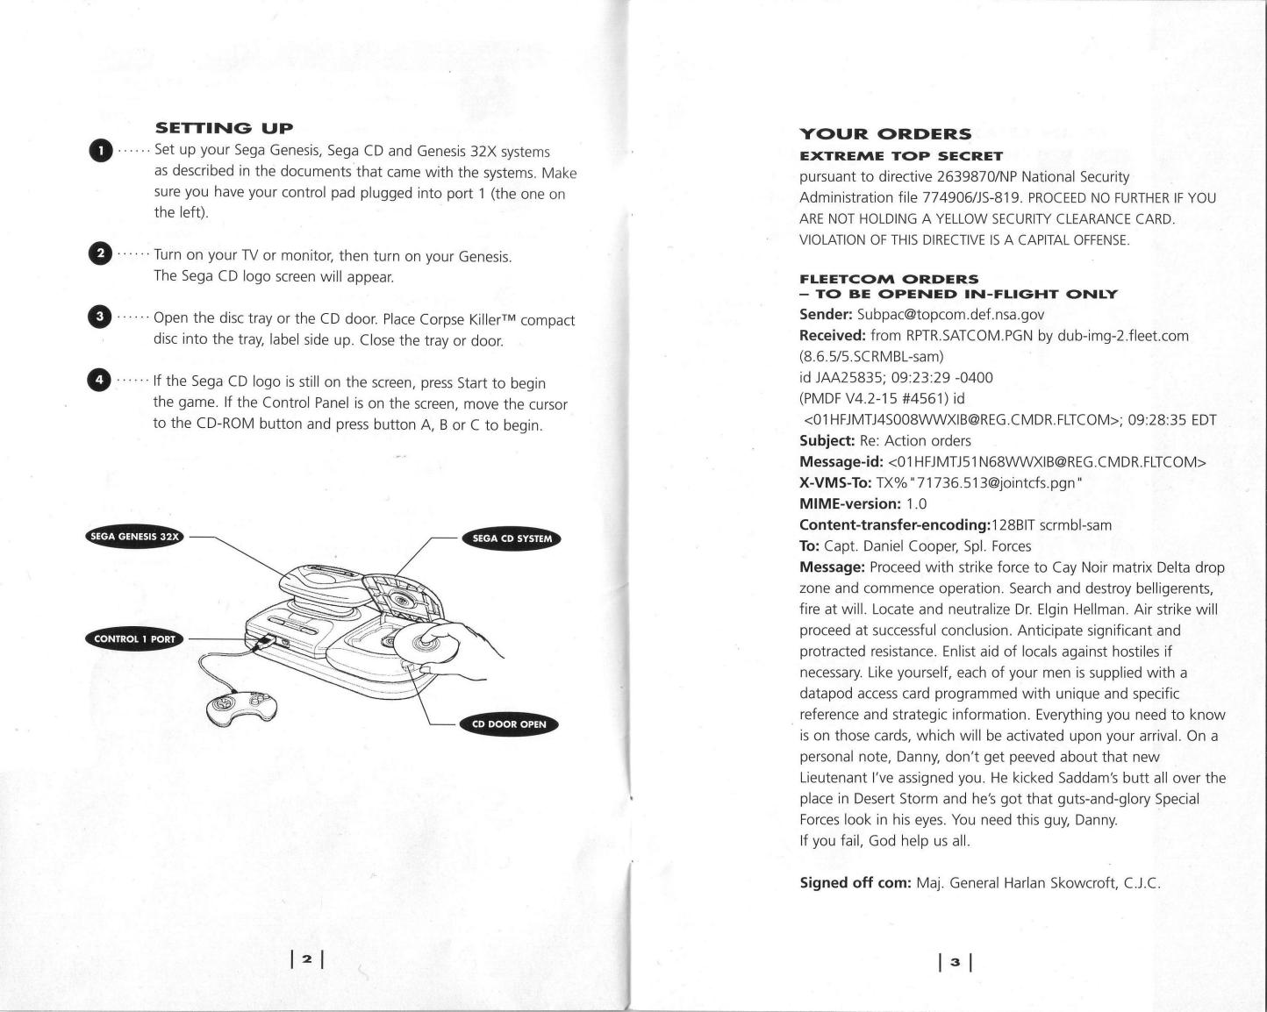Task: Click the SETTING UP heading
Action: click(x=224, y=129)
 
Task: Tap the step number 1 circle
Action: click(x=101, y=151)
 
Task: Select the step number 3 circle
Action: click(x=101, y=317)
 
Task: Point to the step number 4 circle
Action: click(x=101, y=380)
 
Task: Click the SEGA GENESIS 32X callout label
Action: click(x=135, y=537)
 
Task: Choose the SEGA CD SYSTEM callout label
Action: click(x=512, y=538)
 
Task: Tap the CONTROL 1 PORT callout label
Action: click(x=134, y=638)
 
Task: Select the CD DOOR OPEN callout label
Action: click(x=509, y=724)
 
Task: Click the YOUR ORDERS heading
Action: click(x=885, y=134)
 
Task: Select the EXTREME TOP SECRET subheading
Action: click(x=889, y=156)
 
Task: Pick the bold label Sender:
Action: click(x=826, y=314)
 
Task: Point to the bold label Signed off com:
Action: click(x=855, y=882)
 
